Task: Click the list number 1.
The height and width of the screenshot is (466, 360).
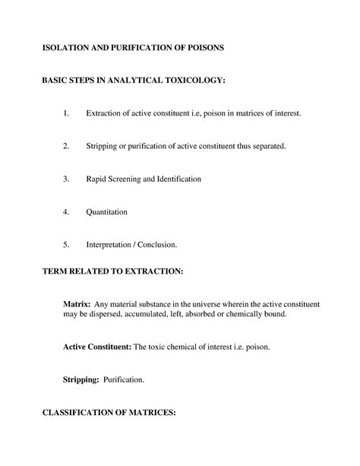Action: (66, 113)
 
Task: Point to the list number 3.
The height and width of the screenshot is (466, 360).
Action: (66, 179)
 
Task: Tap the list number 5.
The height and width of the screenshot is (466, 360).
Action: (66, 245)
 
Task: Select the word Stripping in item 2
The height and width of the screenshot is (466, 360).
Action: (102, 146)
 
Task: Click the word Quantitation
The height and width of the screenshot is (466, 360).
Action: (106, 212)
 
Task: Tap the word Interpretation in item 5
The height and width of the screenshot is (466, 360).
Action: (111, 245)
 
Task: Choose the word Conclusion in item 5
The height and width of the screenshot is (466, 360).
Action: (159, 245)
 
